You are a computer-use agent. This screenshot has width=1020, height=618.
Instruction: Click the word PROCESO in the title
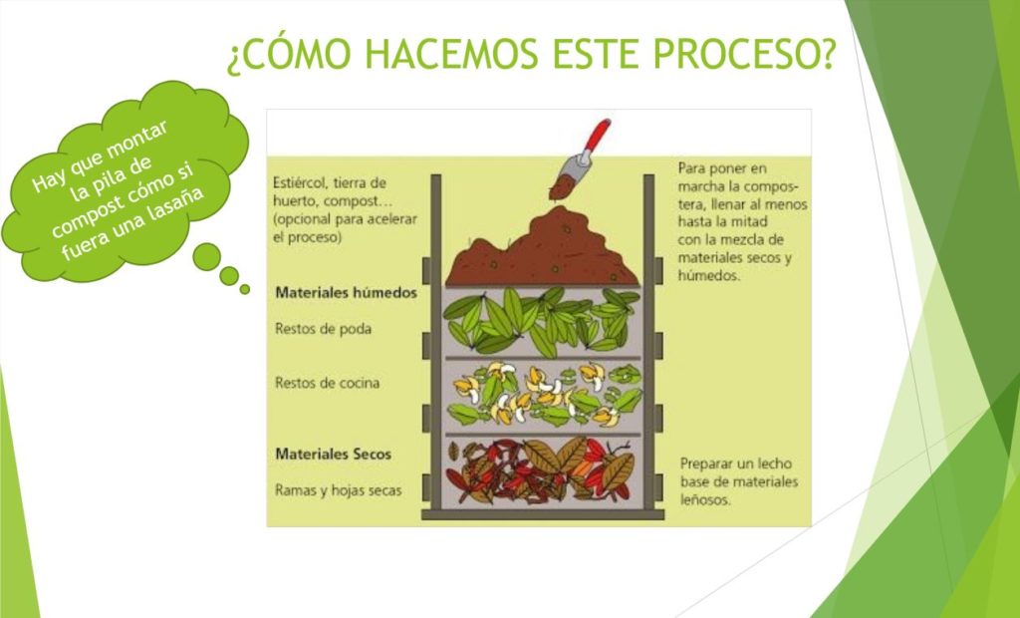(x=743, y=54)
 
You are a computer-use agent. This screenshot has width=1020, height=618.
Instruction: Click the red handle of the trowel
(x=596, y=136)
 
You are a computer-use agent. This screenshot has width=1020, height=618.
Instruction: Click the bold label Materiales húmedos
(x=346, y=293)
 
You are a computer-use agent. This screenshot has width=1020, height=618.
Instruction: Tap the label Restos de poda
(x=324, y=329)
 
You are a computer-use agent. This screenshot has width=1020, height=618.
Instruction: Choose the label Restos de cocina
(x=327, y=383)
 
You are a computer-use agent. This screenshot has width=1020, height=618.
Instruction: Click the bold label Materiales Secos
(x=333, y=454)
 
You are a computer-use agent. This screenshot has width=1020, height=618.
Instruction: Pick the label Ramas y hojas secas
(x=339, y=490)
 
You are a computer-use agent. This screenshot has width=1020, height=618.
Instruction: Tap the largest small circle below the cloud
(x=207, y=256)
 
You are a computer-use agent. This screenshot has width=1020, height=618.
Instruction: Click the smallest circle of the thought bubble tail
(x=245, y=289)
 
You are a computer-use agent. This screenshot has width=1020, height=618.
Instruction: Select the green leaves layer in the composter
(x=542, y=322)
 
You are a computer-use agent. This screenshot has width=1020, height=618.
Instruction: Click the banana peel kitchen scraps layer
(x=543, y=395)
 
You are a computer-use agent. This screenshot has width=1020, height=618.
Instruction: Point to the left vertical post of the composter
(x=436, y=342)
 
